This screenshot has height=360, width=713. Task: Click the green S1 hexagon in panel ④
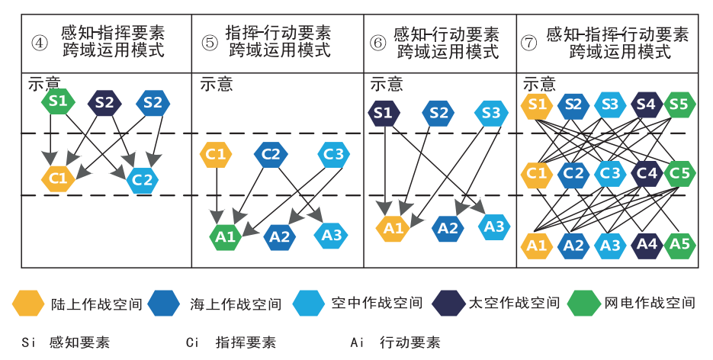(58, 101)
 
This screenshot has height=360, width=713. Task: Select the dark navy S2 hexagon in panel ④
(105, 102)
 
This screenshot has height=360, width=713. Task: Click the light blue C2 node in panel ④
(142, 179)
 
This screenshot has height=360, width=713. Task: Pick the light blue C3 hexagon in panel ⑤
(333, 154)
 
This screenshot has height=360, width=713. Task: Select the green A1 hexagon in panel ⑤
(226, 236)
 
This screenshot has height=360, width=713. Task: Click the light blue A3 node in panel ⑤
(332, 235)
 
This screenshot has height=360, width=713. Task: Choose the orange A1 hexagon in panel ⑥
(393, 227)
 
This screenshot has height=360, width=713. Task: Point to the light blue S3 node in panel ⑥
(491, 114)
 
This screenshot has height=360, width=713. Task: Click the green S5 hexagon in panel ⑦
(679, 104)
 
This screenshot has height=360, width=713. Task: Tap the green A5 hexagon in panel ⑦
(679, 244)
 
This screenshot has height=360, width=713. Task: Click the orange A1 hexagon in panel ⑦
(537, 245)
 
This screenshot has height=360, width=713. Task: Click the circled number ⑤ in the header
(210, 42)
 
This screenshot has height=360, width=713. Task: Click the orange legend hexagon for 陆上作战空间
(28, 304)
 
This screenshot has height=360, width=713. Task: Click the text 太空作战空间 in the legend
(514, 303)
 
